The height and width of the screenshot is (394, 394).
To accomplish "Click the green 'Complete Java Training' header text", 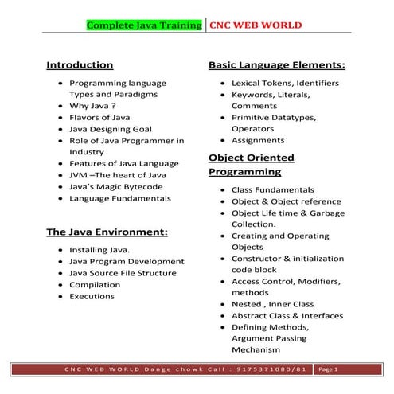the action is point(144,25).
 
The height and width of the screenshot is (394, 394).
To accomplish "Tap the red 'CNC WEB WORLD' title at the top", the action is point(256,25).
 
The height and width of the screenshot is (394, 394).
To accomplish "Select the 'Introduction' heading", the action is point(80,64).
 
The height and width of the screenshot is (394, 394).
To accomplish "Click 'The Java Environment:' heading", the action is point(107,232).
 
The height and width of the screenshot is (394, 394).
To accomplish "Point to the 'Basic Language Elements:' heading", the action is point(276,64).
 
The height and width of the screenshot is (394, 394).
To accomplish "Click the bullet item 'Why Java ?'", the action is point(92,105).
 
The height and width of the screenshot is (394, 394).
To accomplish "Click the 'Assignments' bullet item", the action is point(257,140).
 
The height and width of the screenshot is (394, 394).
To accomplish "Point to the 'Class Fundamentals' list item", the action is point(272,189).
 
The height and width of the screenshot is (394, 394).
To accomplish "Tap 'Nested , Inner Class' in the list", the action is point(271,304).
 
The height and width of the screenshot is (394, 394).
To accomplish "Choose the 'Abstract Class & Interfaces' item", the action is point(287,316).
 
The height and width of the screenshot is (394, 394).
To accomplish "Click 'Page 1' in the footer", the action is point(328,370).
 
